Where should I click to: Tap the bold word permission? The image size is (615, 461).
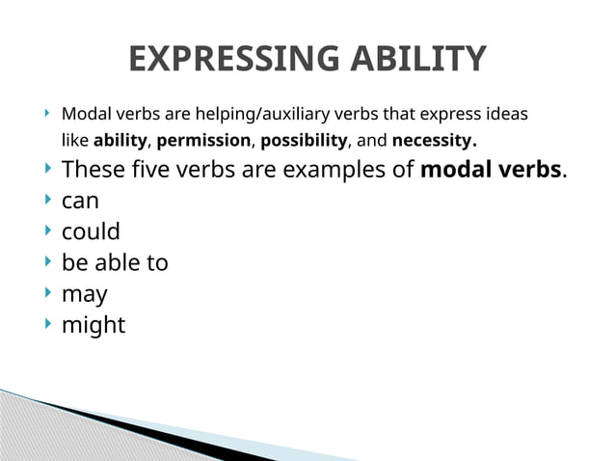coord(202,141)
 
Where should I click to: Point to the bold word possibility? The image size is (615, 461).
coord(304,141)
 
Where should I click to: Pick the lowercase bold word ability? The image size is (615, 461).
coord(120,141)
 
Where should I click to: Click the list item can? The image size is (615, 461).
coord(80,202)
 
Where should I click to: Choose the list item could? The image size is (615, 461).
coord(91,232)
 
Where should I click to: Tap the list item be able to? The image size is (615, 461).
coord(115,262)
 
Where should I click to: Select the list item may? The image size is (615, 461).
coord(84,294)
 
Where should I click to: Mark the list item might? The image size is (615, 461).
coord(93,325)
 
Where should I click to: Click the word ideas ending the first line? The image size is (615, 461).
coord(506,114)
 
